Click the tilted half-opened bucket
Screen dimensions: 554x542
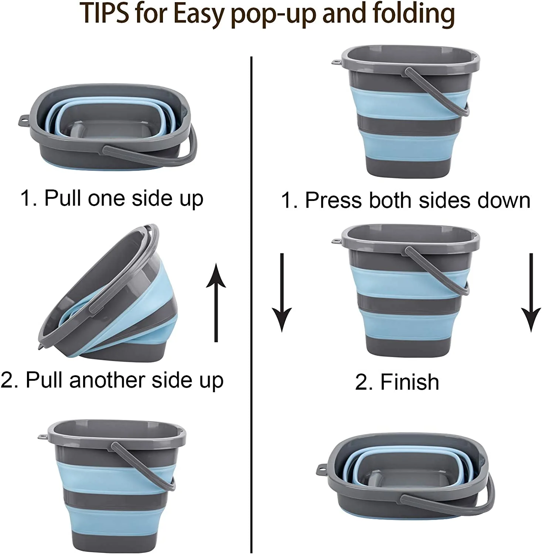pos(107,295)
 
